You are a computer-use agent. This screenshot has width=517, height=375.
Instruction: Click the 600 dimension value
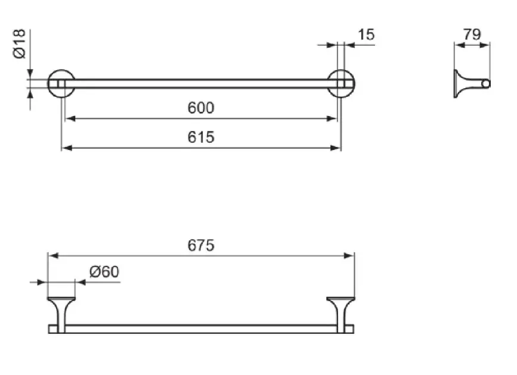click(x=200, y=108)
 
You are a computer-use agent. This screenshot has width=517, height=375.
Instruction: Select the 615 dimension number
click(x=200, y=137)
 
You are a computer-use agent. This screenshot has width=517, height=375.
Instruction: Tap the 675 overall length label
click(x=201, y=245)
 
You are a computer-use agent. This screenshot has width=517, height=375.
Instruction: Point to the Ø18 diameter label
click(x=20, y=44)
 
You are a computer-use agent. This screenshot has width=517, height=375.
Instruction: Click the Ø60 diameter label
click(x=104, y=272)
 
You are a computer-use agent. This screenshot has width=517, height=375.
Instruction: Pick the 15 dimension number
click(x=366, y=35)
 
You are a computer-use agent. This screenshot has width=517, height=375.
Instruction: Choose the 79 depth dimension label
click(x=472, y=34)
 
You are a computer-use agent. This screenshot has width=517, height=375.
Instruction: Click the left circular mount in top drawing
click(x=60, y=83)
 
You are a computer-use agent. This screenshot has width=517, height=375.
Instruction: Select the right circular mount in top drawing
click(x=342, y=83)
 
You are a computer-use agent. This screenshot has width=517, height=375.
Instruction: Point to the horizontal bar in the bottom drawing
click(x=201, y=329)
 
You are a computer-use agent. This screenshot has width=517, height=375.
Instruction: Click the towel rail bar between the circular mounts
click(x=201, y=83)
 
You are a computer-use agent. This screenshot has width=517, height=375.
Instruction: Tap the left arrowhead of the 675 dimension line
click(x=52, y=256)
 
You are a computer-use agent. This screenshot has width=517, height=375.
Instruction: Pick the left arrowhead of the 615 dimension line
click(x=66, y=148)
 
